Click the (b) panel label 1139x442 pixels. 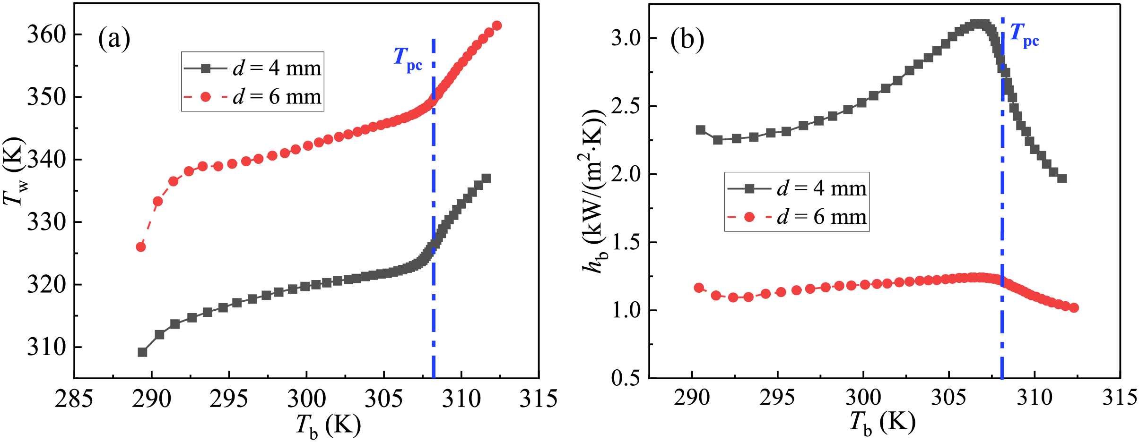click(687, 40)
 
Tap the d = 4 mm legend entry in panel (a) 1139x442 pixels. click(253, 68)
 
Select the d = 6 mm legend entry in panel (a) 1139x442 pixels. click(253, 97)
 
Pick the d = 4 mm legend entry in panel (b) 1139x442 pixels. click(797, 188)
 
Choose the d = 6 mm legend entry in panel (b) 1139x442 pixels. click(797, 217)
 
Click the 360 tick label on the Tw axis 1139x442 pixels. click(46, 34)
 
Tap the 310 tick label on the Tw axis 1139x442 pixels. click(46, 347)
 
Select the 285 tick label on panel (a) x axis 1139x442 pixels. click(74, 399)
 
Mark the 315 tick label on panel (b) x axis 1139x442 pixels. click(1119, 398)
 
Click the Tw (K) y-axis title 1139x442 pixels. click(14, 172)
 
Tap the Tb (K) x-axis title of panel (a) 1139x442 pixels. click(328, 425)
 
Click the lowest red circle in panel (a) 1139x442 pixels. click(141, 247)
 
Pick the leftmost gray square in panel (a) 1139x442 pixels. click(142, 352)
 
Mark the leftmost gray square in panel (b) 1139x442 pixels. click(701, 130)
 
